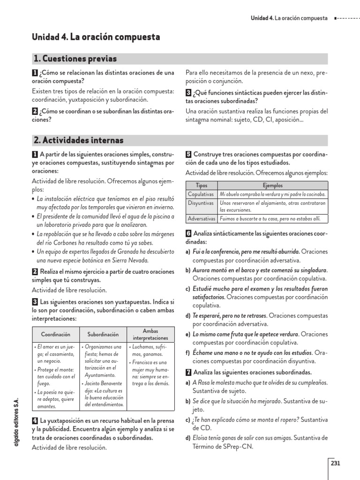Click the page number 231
[x=335, y=464]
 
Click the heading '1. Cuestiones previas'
[x=75, y=59]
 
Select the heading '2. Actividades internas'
[x=78, y=140]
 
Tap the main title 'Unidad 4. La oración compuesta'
[x=96, y=37]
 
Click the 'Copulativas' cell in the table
[x=201, y=194]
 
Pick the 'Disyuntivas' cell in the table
[x=201, y=203]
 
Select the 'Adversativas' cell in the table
[x=202, y=219]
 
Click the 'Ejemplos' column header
[x=272, y=186]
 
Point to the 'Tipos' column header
[x=201, y=186]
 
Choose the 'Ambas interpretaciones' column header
[x=150, y=335]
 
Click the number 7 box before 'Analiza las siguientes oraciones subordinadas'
[x=188, y=372]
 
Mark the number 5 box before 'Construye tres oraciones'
[x=188, y=154]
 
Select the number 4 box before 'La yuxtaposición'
[x=35, y=420]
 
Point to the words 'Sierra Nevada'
[x=131, y=260]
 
